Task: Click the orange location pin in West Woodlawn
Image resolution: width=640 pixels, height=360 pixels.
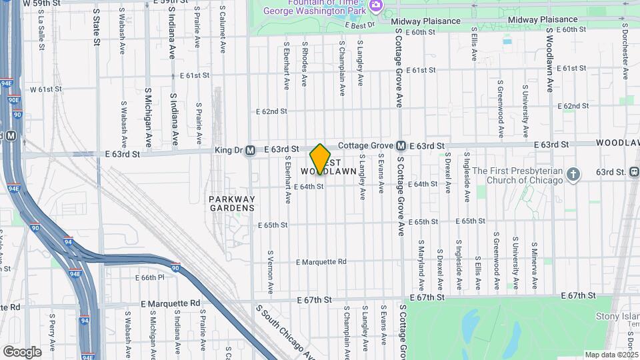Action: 321,159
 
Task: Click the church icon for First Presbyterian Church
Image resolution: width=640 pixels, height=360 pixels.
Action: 573,175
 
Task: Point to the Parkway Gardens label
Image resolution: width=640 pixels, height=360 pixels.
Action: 231,203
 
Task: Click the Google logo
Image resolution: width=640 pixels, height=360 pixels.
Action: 22,351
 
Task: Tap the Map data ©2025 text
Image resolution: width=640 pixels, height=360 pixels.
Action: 611,355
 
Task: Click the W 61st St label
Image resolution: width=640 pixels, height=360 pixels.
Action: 45,89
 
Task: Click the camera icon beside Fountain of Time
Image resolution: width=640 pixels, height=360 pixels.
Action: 375,5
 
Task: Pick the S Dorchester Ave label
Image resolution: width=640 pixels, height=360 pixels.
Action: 625,51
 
